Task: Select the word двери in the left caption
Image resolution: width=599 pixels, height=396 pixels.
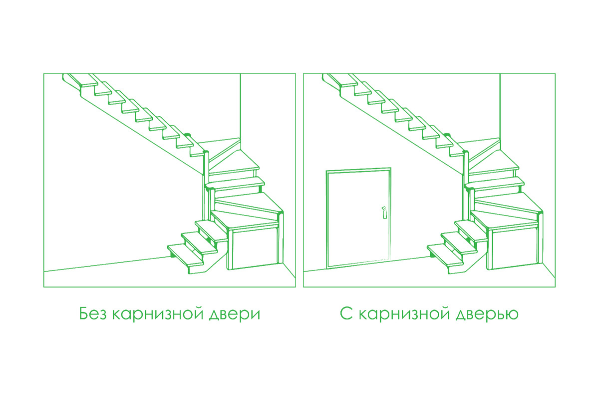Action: [x=235, y=314]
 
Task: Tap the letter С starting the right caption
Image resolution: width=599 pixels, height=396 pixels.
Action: [x=346, y=313]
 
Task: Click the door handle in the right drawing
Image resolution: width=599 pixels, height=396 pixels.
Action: [x=384, y=212]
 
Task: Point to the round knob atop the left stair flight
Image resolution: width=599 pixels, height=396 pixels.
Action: [x=187, y=134]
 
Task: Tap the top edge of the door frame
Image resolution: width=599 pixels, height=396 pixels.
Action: [x=358, y=170]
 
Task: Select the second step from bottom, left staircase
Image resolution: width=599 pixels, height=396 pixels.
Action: [x=199, y=243]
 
